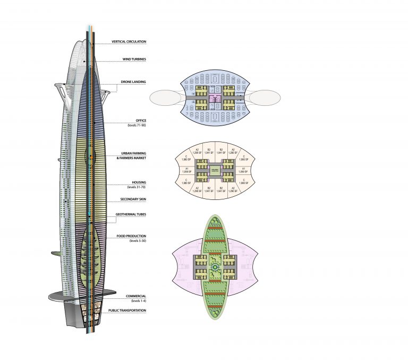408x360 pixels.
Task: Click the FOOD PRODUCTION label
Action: [x=131, y=236]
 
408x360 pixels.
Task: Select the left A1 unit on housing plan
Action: [x=186, y=170]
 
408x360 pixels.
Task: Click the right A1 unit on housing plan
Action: [x=243, y=170]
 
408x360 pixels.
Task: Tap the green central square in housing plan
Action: [x=214, y=170]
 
